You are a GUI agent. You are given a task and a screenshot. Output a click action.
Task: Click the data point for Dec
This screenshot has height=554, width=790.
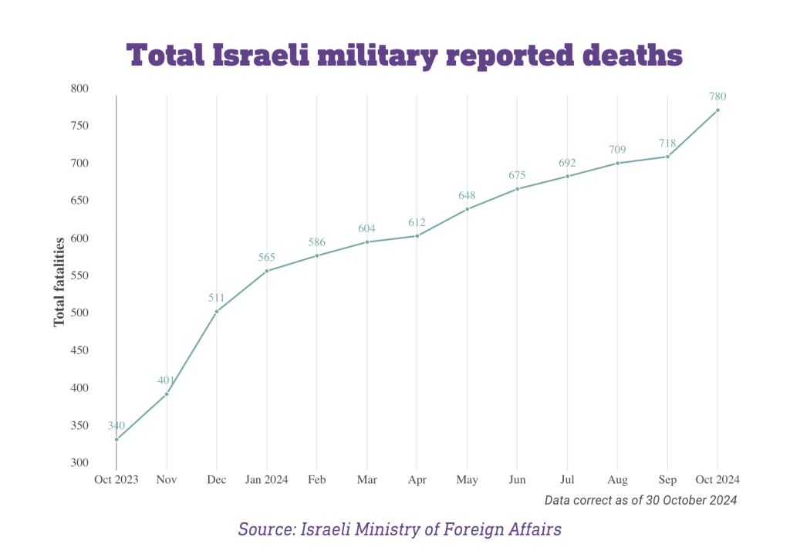click(217, 312)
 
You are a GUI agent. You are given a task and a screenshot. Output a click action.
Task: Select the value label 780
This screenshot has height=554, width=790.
click(717, 96)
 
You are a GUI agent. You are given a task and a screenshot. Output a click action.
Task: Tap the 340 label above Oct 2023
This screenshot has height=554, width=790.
click(116, 426)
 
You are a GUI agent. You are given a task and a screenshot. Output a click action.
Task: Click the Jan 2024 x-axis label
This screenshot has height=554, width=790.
click(267, 480)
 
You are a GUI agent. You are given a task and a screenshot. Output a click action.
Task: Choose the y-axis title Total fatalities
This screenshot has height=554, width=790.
click(59, 282)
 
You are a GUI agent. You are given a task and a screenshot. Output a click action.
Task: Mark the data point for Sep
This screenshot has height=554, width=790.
click(667, 157)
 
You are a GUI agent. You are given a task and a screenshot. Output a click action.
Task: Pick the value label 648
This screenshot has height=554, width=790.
click(467, 195)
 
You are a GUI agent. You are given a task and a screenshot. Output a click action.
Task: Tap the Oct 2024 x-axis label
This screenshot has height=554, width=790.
click(717, 480)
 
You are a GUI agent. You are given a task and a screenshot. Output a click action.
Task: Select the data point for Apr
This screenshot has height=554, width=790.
click(417, 235)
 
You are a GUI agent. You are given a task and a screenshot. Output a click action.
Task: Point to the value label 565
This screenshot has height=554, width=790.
click(267, 257)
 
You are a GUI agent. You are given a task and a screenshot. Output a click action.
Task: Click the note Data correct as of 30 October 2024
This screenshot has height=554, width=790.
click(640, 500)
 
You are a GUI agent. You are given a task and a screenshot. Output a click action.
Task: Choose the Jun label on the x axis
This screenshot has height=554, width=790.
click(517, 480)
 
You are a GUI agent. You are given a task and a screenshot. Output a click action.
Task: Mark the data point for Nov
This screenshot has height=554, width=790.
click(167, 394)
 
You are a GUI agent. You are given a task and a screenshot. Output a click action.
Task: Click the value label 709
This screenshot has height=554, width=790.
click(617, 150)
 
